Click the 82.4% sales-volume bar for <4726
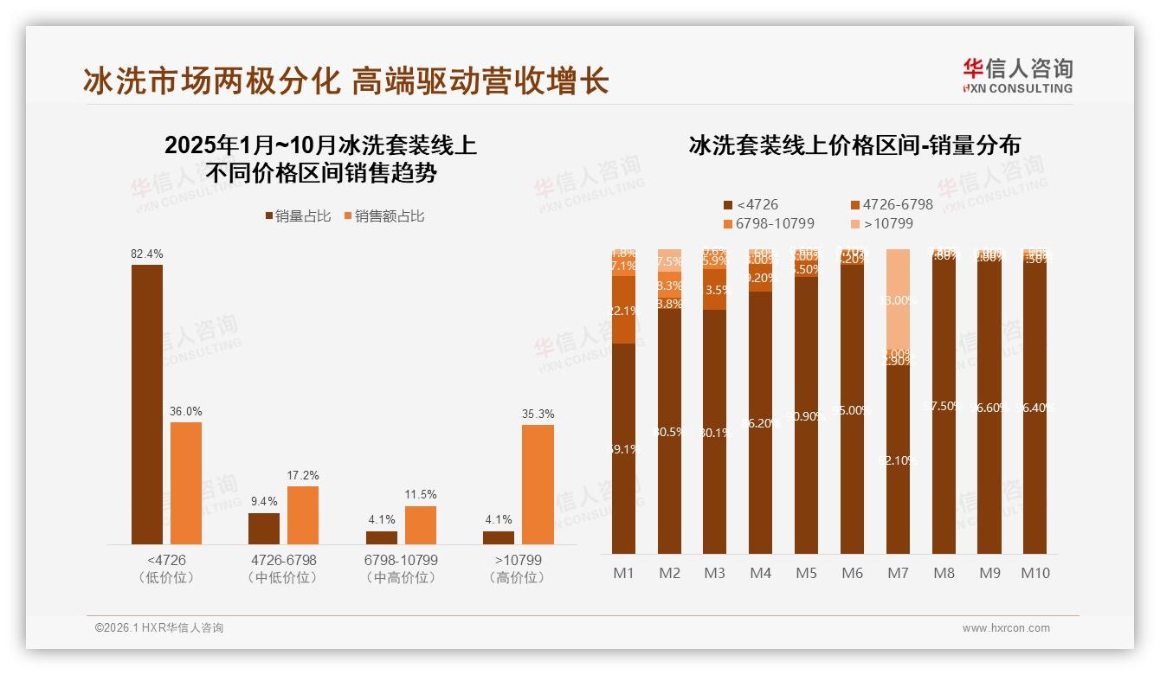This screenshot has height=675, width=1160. (x=147, y=404)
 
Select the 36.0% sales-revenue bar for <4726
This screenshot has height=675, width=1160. (x=186, y=483)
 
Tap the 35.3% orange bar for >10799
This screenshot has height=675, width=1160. (x=538, y=484)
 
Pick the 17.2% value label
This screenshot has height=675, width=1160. (x=303, y=475)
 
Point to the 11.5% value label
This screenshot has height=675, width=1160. (x=421, y=494)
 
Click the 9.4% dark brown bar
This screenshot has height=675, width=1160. (x=264, y=528)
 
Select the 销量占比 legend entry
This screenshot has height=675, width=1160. (x=298, y=216)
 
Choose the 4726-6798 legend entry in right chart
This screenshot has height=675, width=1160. (x=892, y=205)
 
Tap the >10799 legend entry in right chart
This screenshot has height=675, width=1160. (x=883, y=224)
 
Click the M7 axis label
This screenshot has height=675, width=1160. (x=899, y=573)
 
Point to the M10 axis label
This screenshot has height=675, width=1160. (x=1034, y=573)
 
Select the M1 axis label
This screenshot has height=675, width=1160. (x=623, y=573)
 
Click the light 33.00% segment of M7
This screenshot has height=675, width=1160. (x=899, y=299)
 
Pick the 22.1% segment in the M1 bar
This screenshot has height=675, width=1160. (x=623, y=311)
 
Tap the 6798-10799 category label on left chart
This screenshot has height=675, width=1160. (x=401, y=568)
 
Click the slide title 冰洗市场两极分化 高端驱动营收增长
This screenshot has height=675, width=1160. (x=346, y=80)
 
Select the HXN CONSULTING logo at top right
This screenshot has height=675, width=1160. (x=1017, y=75)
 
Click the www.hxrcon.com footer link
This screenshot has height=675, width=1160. (x=1006, y=628)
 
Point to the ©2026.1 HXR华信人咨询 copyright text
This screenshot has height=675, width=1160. (x=159, y=628)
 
